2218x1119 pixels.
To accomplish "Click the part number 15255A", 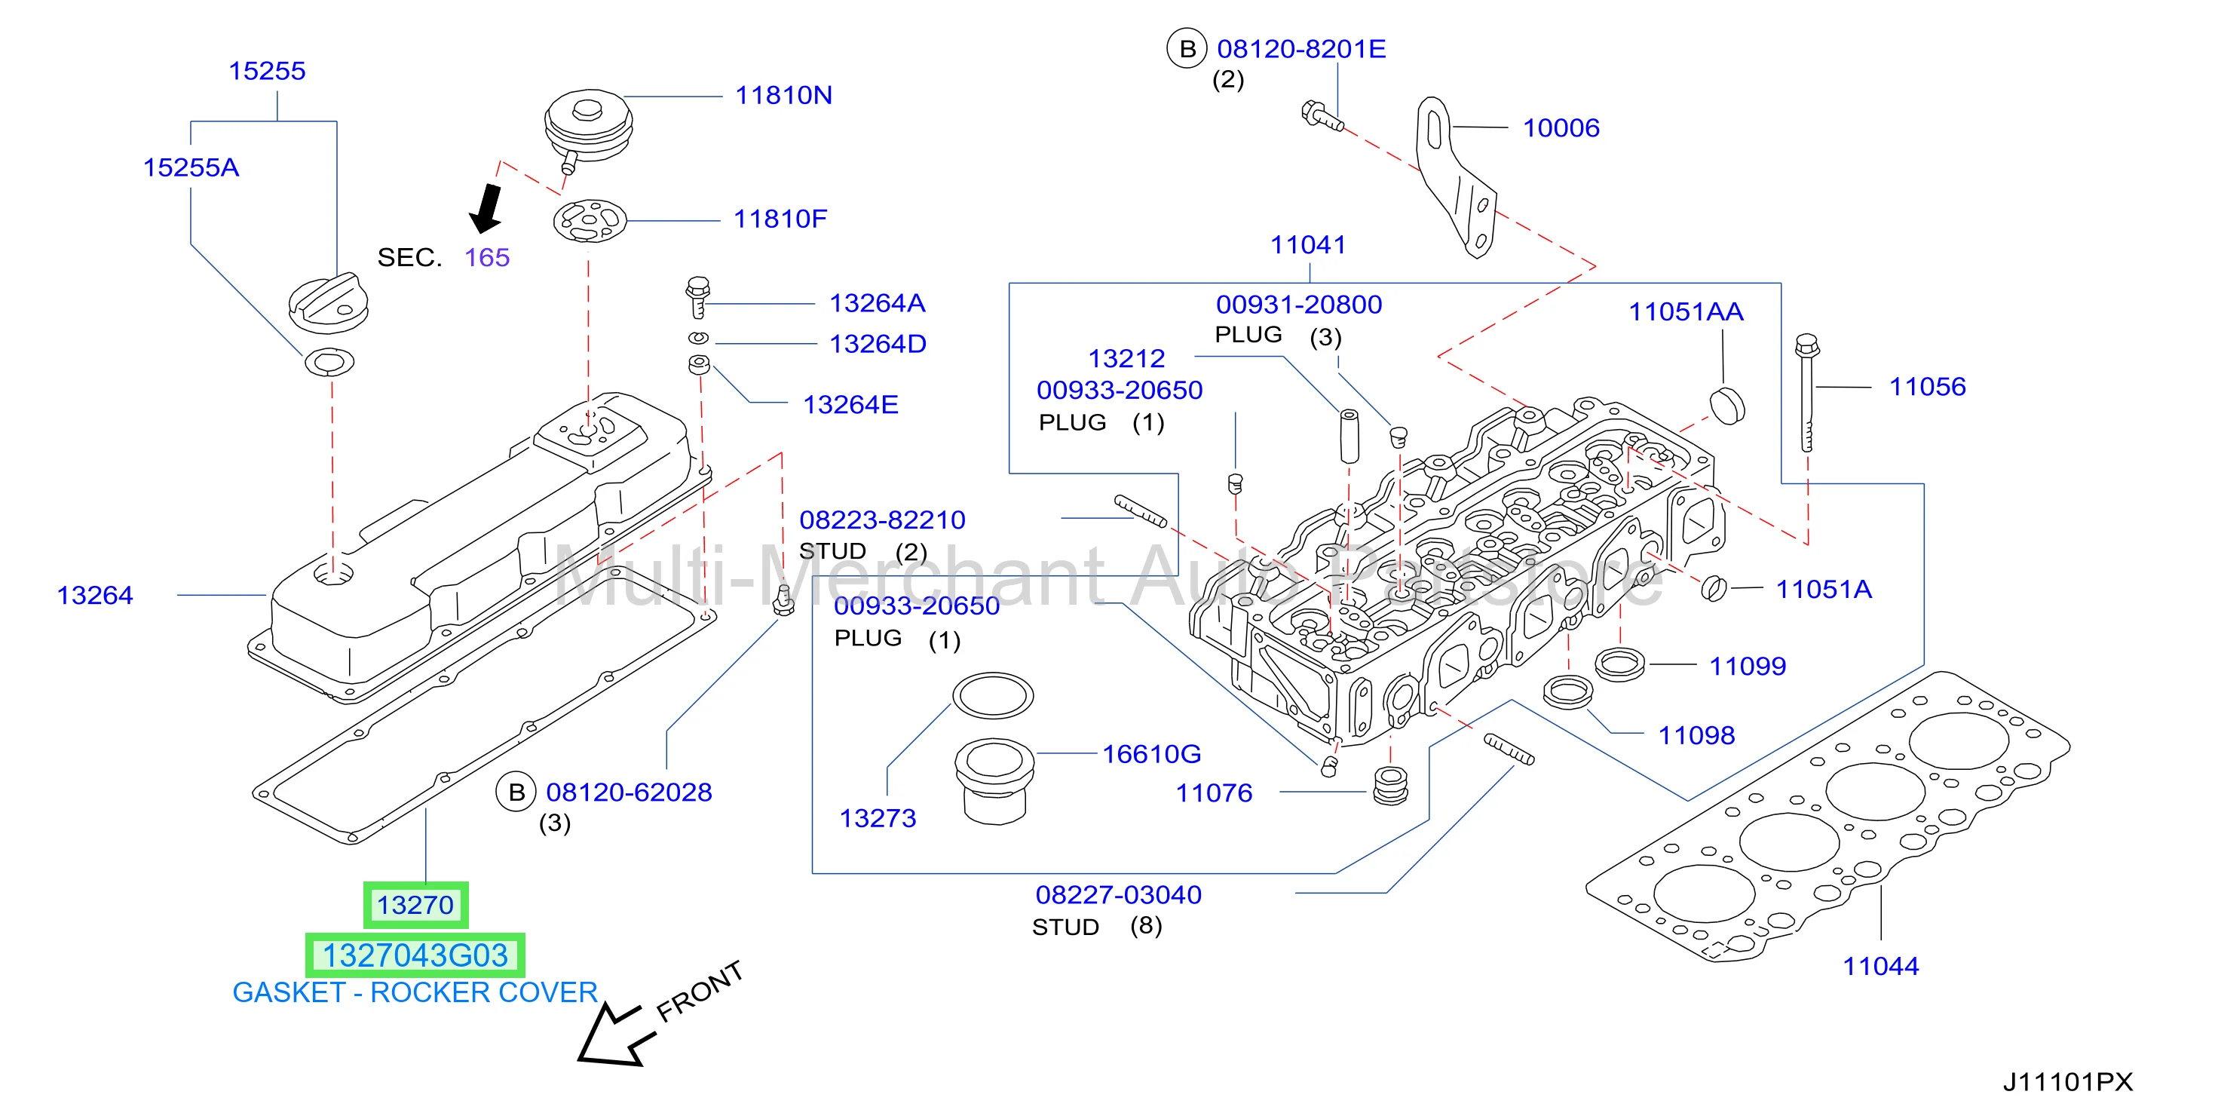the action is pyautogui.click(x=191, y=167).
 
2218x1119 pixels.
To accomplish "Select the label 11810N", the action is pyautogui.click(x=783, y=95).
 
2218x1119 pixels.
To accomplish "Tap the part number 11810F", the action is pyautogui.click(x=780, y=219).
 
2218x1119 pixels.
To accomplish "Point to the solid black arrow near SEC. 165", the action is pyautogui.click(x=487, y=207).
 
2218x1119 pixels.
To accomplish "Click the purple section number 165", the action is pyautogui.click(x=487, y=258).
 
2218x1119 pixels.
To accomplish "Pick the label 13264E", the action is pyautogui.click(x=850, y=405).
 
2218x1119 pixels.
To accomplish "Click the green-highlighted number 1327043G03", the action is pyautogui.click(x=415, y=955).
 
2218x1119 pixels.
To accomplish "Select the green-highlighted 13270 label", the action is pyautogui.click(x=415, y=906).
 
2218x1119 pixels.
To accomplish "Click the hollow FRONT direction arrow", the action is pyautogui.click(x=613, y=1036).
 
